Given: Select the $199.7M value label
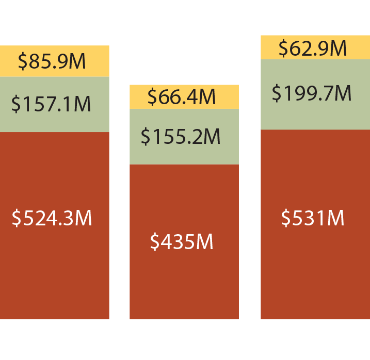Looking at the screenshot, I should click(x=312, y=94).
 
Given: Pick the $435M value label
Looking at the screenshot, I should click(x=182, y=241).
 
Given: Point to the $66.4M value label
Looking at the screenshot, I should click(x=182, y=96).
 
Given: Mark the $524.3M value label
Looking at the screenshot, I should click(x=52, y=218).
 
